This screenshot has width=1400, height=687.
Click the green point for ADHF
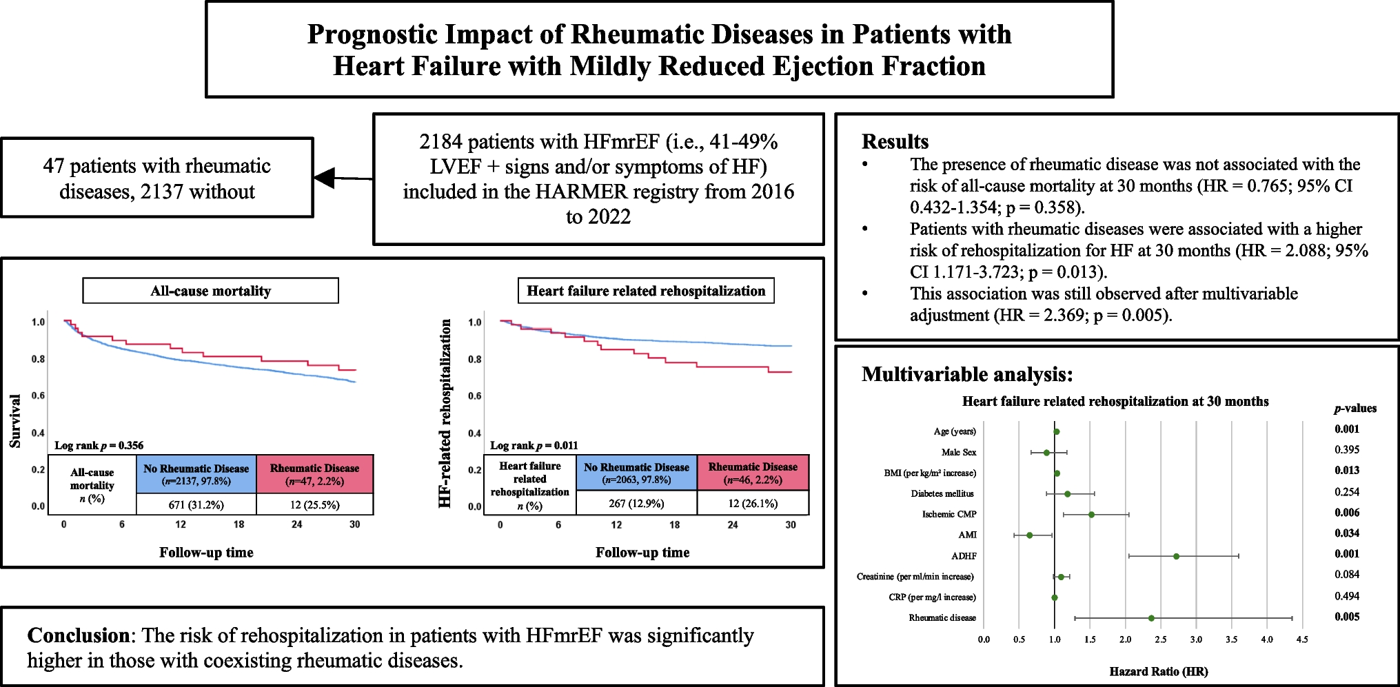click(x=1176, y=556)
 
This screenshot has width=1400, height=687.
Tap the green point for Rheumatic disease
click(x=1151, y=618)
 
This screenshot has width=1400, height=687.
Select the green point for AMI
click(x=1029, y=535)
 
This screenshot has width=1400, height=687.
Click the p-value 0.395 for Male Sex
click(x=1347, y=450)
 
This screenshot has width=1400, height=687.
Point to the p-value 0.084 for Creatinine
click(x=1347, y=575)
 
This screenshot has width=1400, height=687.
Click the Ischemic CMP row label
click(x=949, y=515)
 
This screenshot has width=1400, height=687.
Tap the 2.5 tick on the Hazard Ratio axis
click(x=1161, y=639)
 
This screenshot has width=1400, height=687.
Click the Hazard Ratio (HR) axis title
click(x=1158, y=671)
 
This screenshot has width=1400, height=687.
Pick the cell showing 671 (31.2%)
click(x=196, y=504)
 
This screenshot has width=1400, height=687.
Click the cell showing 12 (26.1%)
click(x=753, y=504)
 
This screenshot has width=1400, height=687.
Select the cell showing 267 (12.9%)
click(x=636, y=504)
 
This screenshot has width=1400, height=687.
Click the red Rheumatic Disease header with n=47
click(x=314, y=474)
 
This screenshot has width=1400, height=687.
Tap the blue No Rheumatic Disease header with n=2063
click(x=636, y=473)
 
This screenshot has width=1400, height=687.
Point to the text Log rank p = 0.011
click(x=534, y=445)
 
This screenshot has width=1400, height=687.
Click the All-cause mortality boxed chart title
click(x=210, y=291)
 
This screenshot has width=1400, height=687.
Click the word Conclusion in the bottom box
click(x=78, y=635)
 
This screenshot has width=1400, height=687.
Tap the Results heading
click(x=895, y=141)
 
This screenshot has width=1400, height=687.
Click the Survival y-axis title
click(x=14, y=420)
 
